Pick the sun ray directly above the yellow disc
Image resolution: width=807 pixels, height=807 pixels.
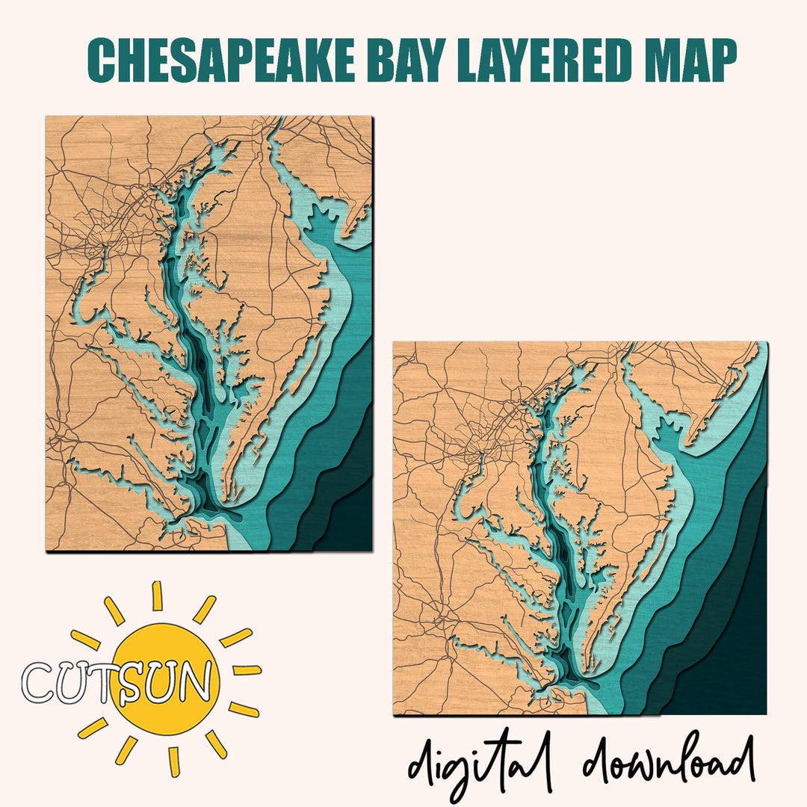[158, 596]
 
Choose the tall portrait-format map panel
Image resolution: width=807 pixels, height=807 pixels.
[208, 334]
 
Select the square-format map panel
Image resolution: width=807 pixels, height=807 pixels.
[580, 528]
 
